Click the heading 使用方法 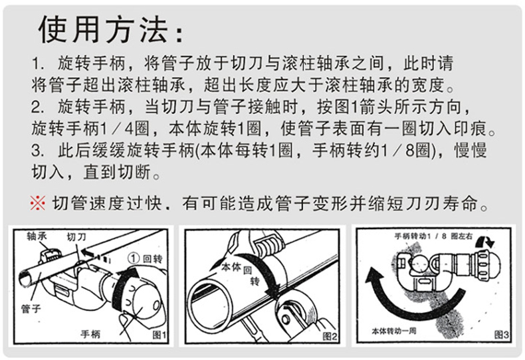point(103,30)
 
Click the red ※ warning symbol point(38,203)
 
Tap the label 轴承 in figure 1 point(37,236)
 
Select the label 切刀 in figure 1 point(76,237)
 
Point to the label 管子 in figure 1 point(31,308)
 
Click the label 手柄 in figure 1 point(90,333)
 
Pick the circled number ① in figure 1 point(134,258)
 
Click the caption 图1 point(159,335)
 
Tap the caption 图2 point(330,336)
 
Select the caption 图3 point(502,334)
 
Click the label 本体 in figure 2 point(232,267)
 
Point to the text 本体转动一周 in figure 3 point(394,331)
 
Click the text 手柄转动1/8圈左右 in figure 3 point(433,236)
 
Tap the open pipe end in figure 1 point(25,278)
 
